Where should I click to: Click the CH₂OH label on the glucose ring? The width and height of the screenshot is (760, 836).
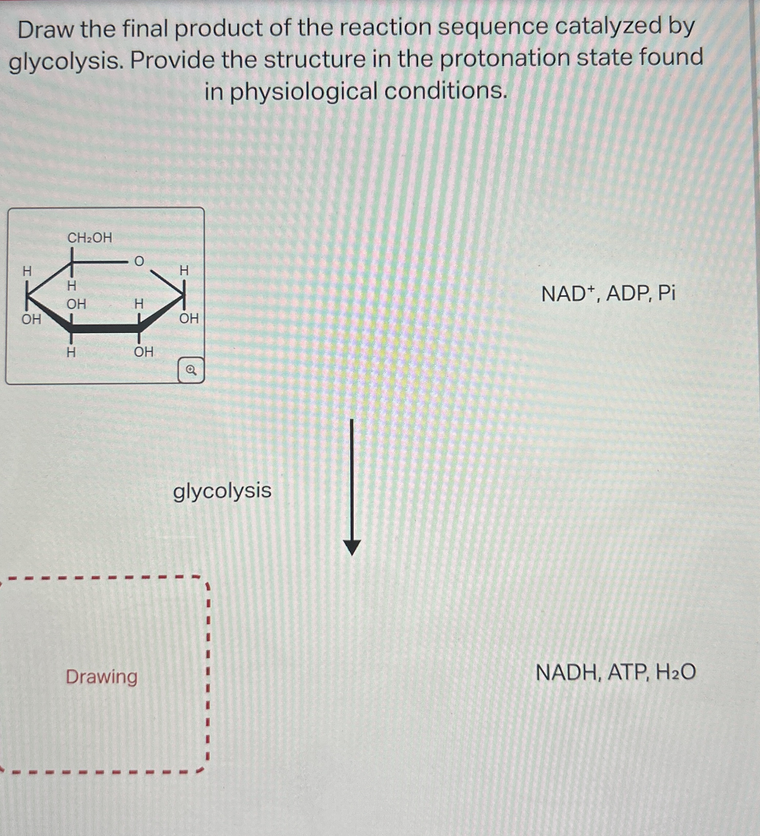[x=90, y=238]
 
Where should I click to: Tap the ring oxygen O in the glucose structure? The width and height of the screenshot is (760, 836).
[x=139, y=261]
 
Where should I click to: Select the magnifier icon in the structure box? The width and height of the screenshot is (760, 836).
[x=191, y=370]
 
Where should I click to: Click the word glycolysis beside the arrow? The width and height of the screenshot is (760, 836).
[x=222, y=491]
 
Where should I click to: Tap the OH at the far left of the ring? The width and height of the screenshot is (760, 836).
[x=31, y=319]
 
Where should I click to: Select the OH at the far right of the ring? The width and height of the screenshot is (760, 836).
[x=189, y=318]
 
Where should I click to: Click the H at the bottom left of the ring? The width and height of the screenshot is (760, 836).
[x=71, y=352]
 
